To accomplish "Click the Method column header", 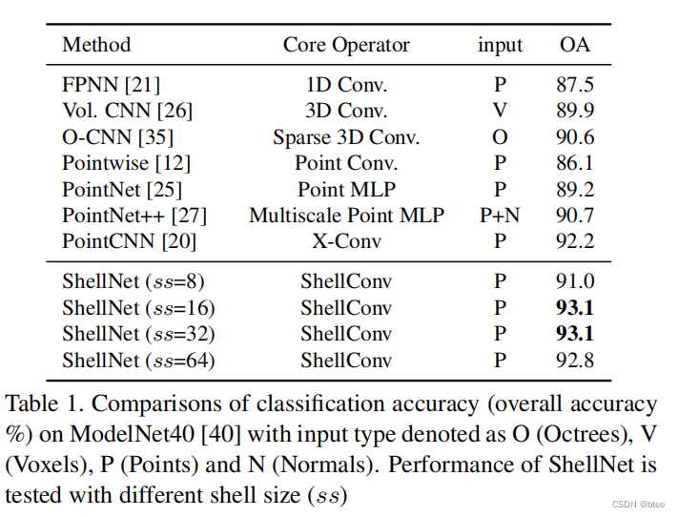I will point(96,45).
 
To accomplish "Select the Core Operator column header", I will point(346,45).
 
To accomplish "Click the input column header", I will point(500,45).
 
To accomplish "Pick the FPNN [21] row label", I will point(103,85).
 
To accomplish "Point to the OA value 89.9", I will point(575,111).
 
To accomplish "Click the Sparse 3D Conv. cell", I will point(346,136).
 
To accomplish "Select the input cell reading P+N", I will point(500,216).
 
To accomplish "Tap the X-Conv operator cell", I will point(346,241).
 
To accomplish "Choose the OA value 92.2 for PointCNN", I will point(575,241).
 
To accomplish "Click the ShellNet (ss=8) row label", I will point(134,281).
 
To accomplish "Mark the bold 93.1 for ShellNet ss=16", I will point(575,308).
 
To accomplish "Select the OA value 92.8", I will point(575,361).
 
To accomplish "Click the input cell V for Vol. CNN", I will point(500,111).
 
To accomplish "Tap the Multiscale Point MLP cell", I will point(346,216).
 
